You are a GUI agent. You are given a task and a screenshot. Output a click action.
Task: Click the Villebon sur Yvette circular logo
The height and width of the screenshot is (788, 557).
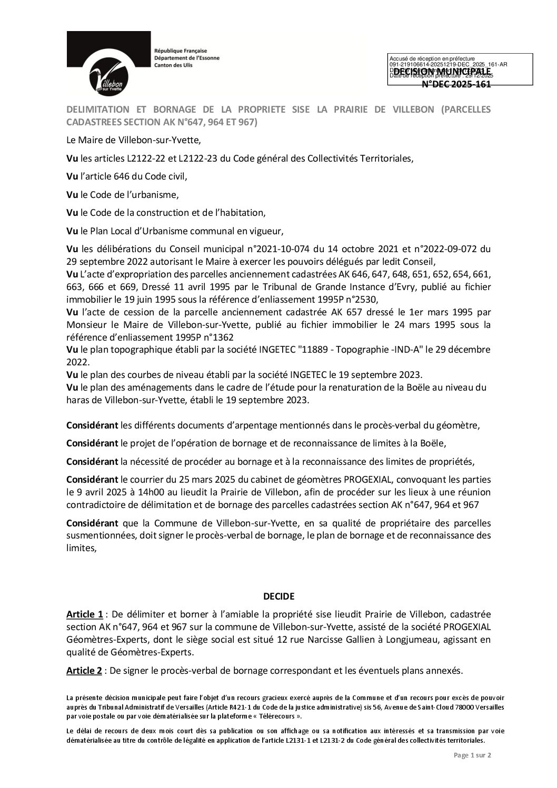click(x=111, y=75)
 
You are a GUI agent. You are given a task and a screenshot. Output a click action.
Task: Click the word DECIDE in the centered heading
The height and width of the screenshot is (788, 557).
click(x=278, y=596)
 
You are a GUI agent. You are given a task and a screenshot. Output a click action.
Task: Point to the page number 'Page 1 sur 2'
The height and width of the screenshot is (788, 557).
click(x=472, y=770)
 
